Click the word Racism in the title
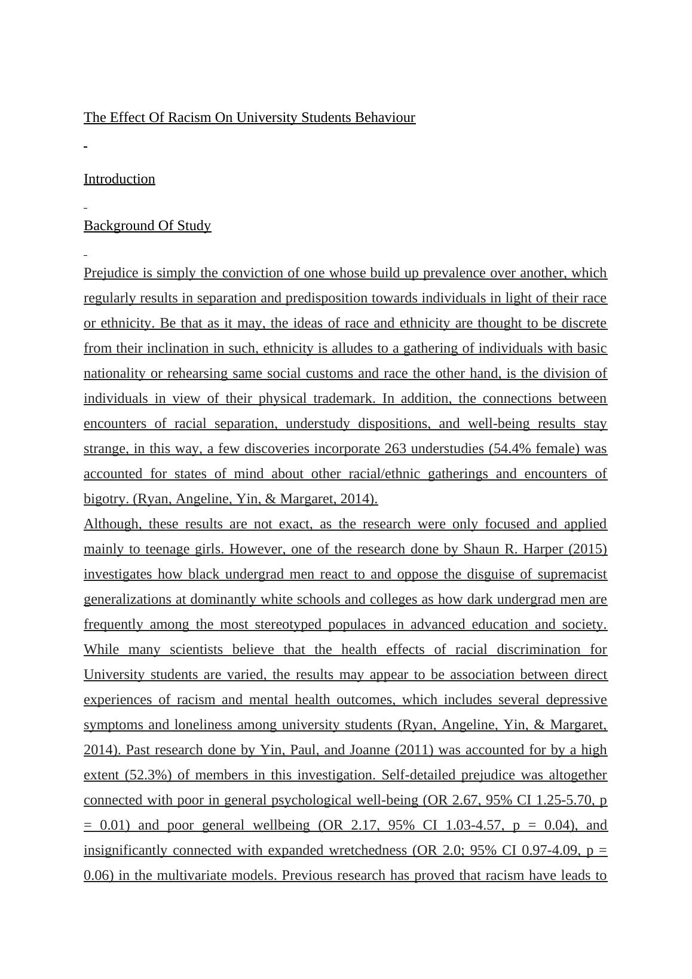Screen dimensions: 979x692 click(x=189, y=117)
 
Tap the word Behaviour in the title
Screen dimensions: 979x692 click(x=385, y=117)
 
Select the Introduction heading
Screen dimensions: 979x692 click(x=120, y=179)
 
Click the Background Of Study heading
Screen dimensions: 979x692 click(x=147, y=226)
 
